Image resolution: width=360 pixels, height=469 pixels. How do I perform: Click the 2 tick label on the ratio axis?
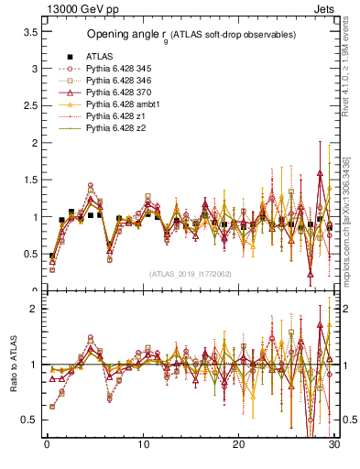point(33,309)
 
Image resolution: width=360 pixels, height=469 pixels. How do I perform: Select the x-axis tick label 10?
point(143,445)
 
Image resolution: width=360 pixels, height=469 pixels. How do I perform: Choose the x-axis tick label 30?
point(334,445)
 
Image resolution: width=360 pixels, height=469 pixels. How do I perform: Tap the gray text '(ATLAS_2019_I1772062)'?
point(191,274)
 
